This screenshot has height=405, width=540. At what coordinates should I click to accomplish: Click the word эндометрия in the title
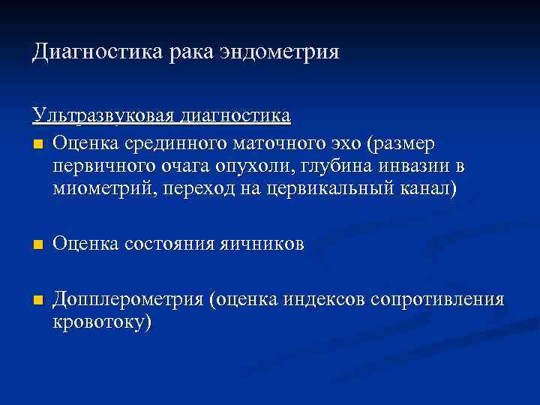tap(280, 52)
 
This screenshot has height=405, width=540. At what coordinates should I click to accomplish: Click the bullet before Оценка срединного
tap(37, 143)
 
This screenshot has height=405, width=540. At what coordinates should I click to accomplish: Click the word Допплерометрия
tap(129, 301)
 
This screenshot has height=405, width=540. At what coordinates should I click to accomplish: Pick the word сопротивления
tap(444, 301)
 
